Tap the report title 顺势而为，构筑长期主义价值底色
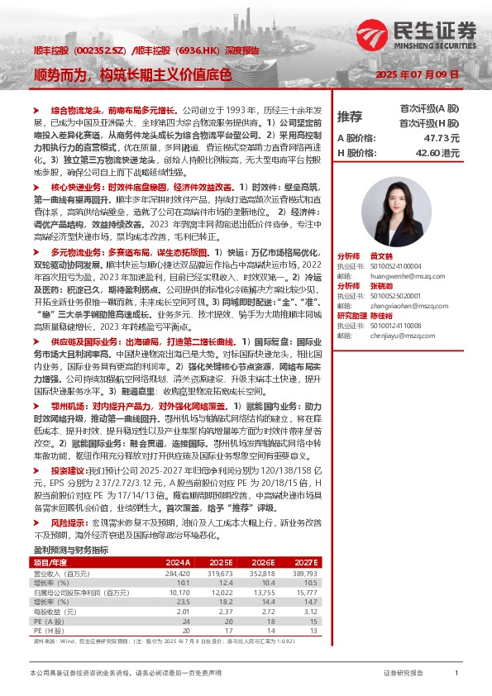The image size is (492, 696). coord(132,74)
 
